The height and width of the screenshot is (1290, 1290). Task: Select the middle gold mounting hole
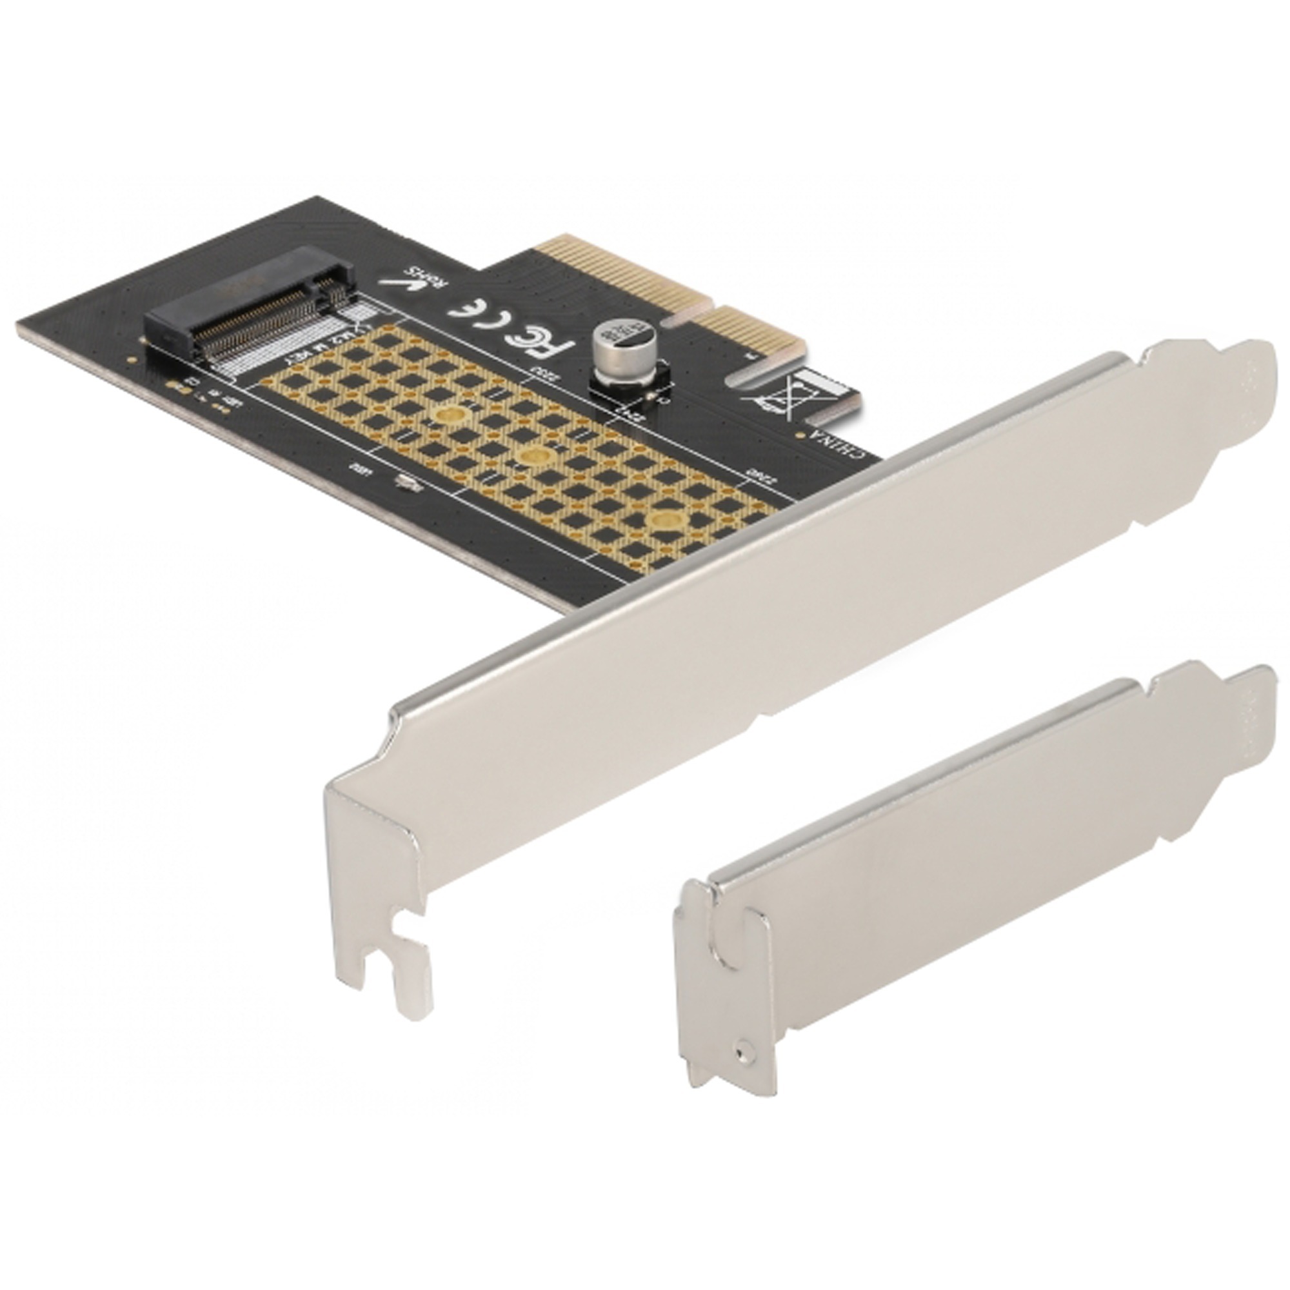coord(533,457)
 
